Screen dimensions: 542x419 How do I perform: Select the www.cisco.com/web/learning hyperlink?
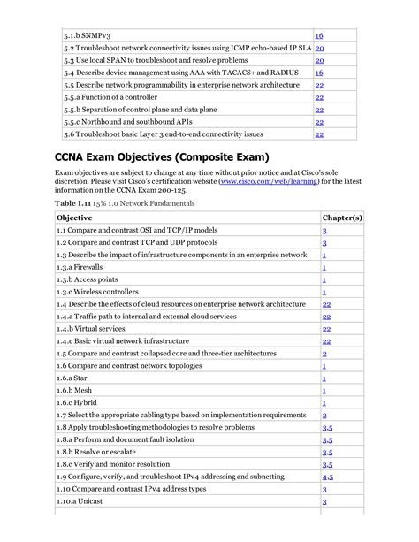click(265, 181)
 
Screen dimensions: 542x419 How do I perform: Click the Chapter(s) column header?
click(342, 217)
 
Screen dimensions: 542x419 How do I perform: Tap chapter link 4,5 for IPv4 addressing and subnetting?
click(327, 477)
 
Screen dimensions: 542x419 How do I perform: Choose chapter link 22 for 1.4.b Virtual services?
click(326, 328)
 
